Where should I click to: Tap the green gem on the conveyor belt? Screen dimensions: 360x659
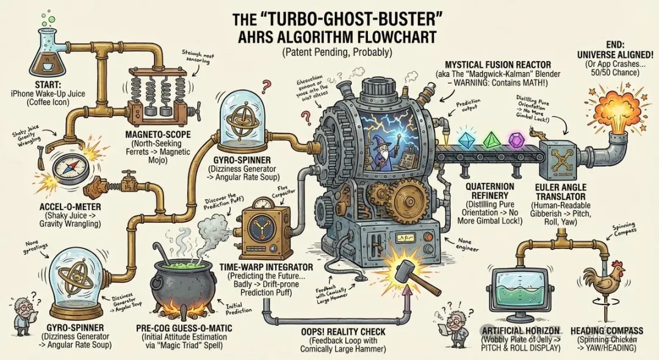(491, 139)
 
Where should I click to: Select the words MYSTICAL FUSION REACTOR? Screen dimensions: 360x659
(498, 65)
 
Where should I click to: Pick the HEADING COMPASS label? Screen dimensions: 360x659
(607, 331)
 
